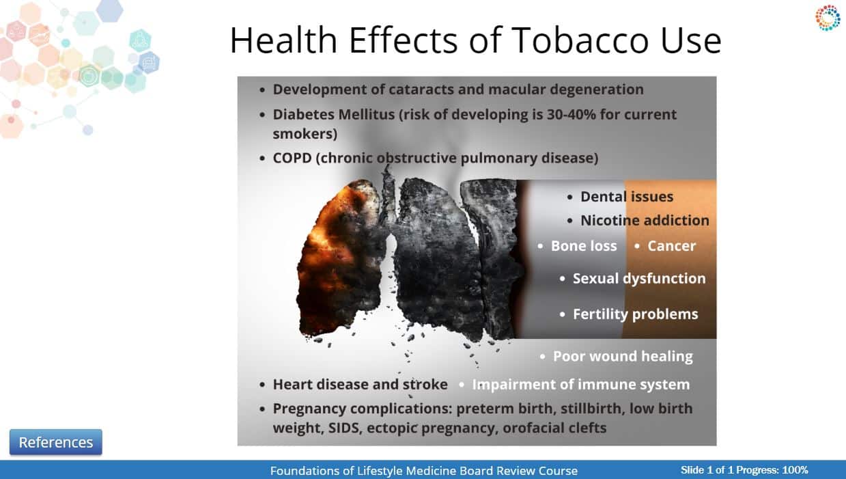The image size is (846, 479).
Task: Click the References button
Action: [56, 442]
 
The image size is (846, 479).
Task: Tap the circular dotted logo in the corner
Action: [828, 18]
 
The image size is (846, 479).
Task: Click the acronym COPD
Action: [292, 158]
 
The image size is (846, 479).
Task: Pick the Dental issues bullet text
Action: [627, 197]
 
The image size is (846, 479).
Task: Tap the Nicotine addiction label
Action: [645, 221]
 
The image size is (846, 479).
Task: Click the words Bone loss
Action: [584, 246]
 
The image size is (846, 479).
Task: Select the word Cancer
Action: [671, 246]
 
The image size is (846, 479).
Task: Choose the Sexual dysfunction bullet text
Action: [639, 279]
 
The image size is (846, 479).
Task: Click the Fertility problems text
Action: [635, 314]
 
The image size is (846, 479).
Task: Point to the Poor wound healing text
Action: [623, 356]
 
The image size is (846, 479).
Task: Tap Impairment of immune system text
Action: [581, 385]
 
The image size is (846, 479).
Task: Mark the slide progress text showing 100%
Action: [744, 470]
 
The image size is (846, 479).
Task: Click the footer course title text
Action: [424, 471]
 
